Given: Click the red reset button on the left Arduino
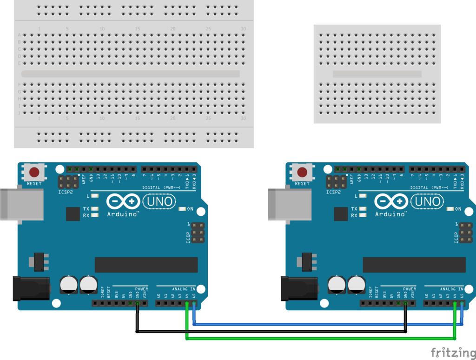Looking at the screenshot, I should point(34,172).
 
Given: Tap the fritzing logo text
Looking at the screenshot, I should point(453,352).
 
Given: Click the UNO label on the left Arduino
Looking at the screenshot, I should point(159,201).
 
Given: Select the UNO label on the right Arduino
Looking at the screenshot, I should point(427,201).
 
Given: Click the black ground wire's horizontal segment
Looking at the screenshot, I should point(270,331).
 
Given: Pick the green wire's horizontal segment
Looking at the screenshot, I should point(321,338).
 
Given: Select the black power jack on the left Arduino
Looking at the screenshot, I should point(31,287).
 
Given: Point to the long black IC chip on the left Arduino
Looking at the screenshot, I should point(146,265).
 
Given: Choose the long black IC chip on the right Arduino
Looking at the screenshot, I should point(414,265).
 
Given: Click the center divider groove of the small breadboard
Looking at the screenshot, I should point(377,73).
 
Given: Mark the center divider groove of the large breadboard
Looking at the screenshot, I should point(130,73).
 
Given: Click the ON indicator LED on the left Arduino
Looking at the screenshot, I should point(182,209).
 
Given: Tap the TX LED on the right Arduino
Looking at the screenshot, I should point(363,209).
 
